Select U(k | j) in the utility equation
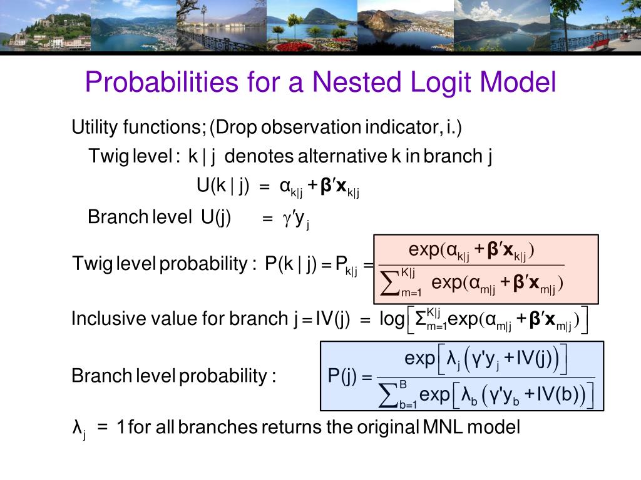pyautogui.click(x=223, y=186)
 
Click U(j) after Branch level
pyautogui.click(x=216, y=217)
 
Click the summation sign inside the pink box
pyautogui.click(x=391, y=283)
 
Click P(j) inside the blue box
pyautogui.click(x=342, y=377)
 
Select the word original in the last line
pyautogui.click(x=386, y=427)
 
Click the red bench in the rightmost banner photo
pyautogui.click(x=597, y=44)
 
